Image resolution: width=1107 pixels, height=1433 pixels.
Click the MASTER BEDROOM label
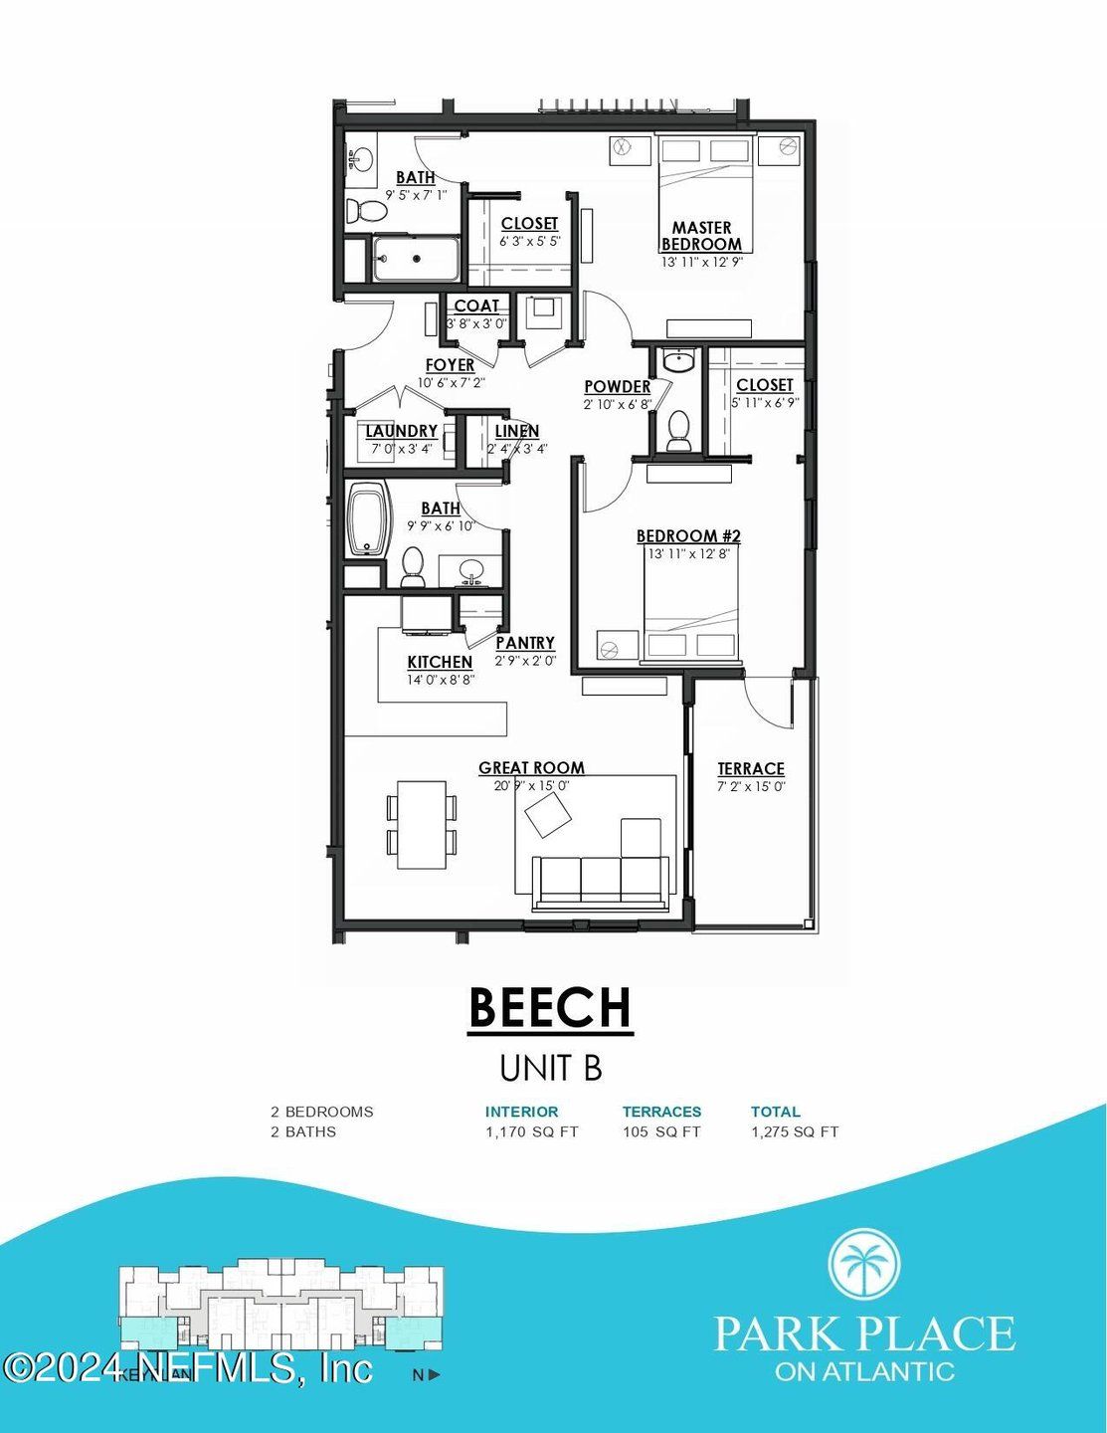click(701, 236)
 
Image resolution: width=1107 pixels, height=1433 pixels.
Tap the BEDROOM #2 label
click(688, 536)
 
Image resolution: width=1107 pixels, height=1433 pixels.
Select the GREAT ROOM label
click(531, 767)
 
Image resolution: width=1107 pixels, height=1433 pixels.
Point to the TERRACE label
click(751, 768)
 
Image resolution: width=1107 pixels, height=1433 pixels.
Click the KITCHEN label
click(440, 662)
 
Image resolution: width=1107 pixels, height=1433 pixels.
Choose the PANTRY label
click(525, 643)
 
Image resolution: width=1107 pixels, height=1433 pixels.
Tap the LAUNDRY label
click(401, 431)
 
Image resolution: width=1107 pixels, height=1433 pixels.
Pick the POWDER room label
click(617, 386)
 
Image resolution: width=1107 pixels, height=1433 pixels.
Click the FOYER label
click(450, 365)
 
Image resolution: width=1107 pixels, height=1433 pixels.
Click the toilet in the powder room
click(679, 429)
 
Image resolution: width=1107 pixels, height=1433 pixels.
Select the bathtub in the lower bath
click(368, 519)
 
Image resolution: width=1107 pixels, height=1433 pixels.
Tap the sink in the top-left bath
click(359, 159)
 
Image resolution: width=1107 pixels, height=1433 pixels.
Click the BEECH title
click(550, 1007)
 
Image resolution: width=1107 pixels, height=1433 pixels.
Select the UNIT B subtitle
click(550, 1068)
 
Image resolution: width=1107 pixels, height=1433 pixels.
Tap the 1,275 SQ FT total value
click(794, 1131)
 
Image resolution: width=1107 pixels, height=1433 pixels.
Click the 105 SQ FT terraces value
click(661, 1131)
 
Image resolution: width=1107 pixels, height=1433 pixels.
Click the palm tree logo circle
click(864, 1264)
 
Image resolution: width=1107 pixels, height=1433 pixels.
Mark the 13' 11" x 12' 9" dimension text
click(702, 263)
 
